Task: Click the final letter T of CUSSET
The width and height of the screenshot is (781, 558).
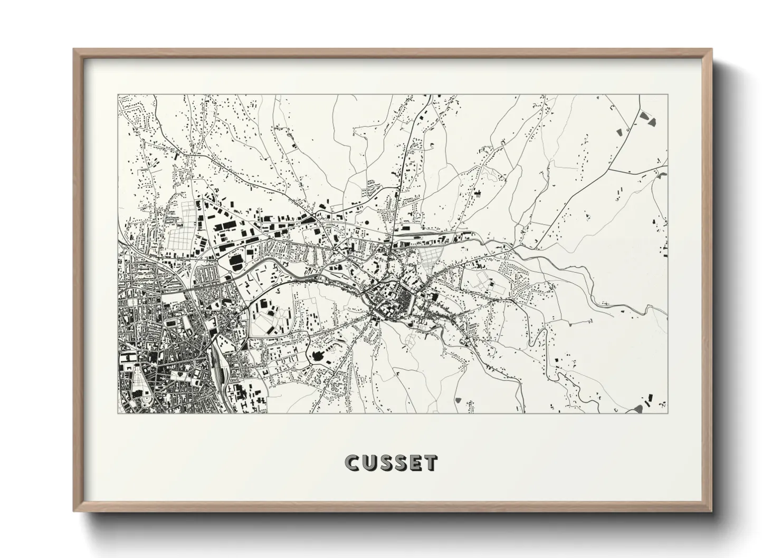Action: tap(431, 463)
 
